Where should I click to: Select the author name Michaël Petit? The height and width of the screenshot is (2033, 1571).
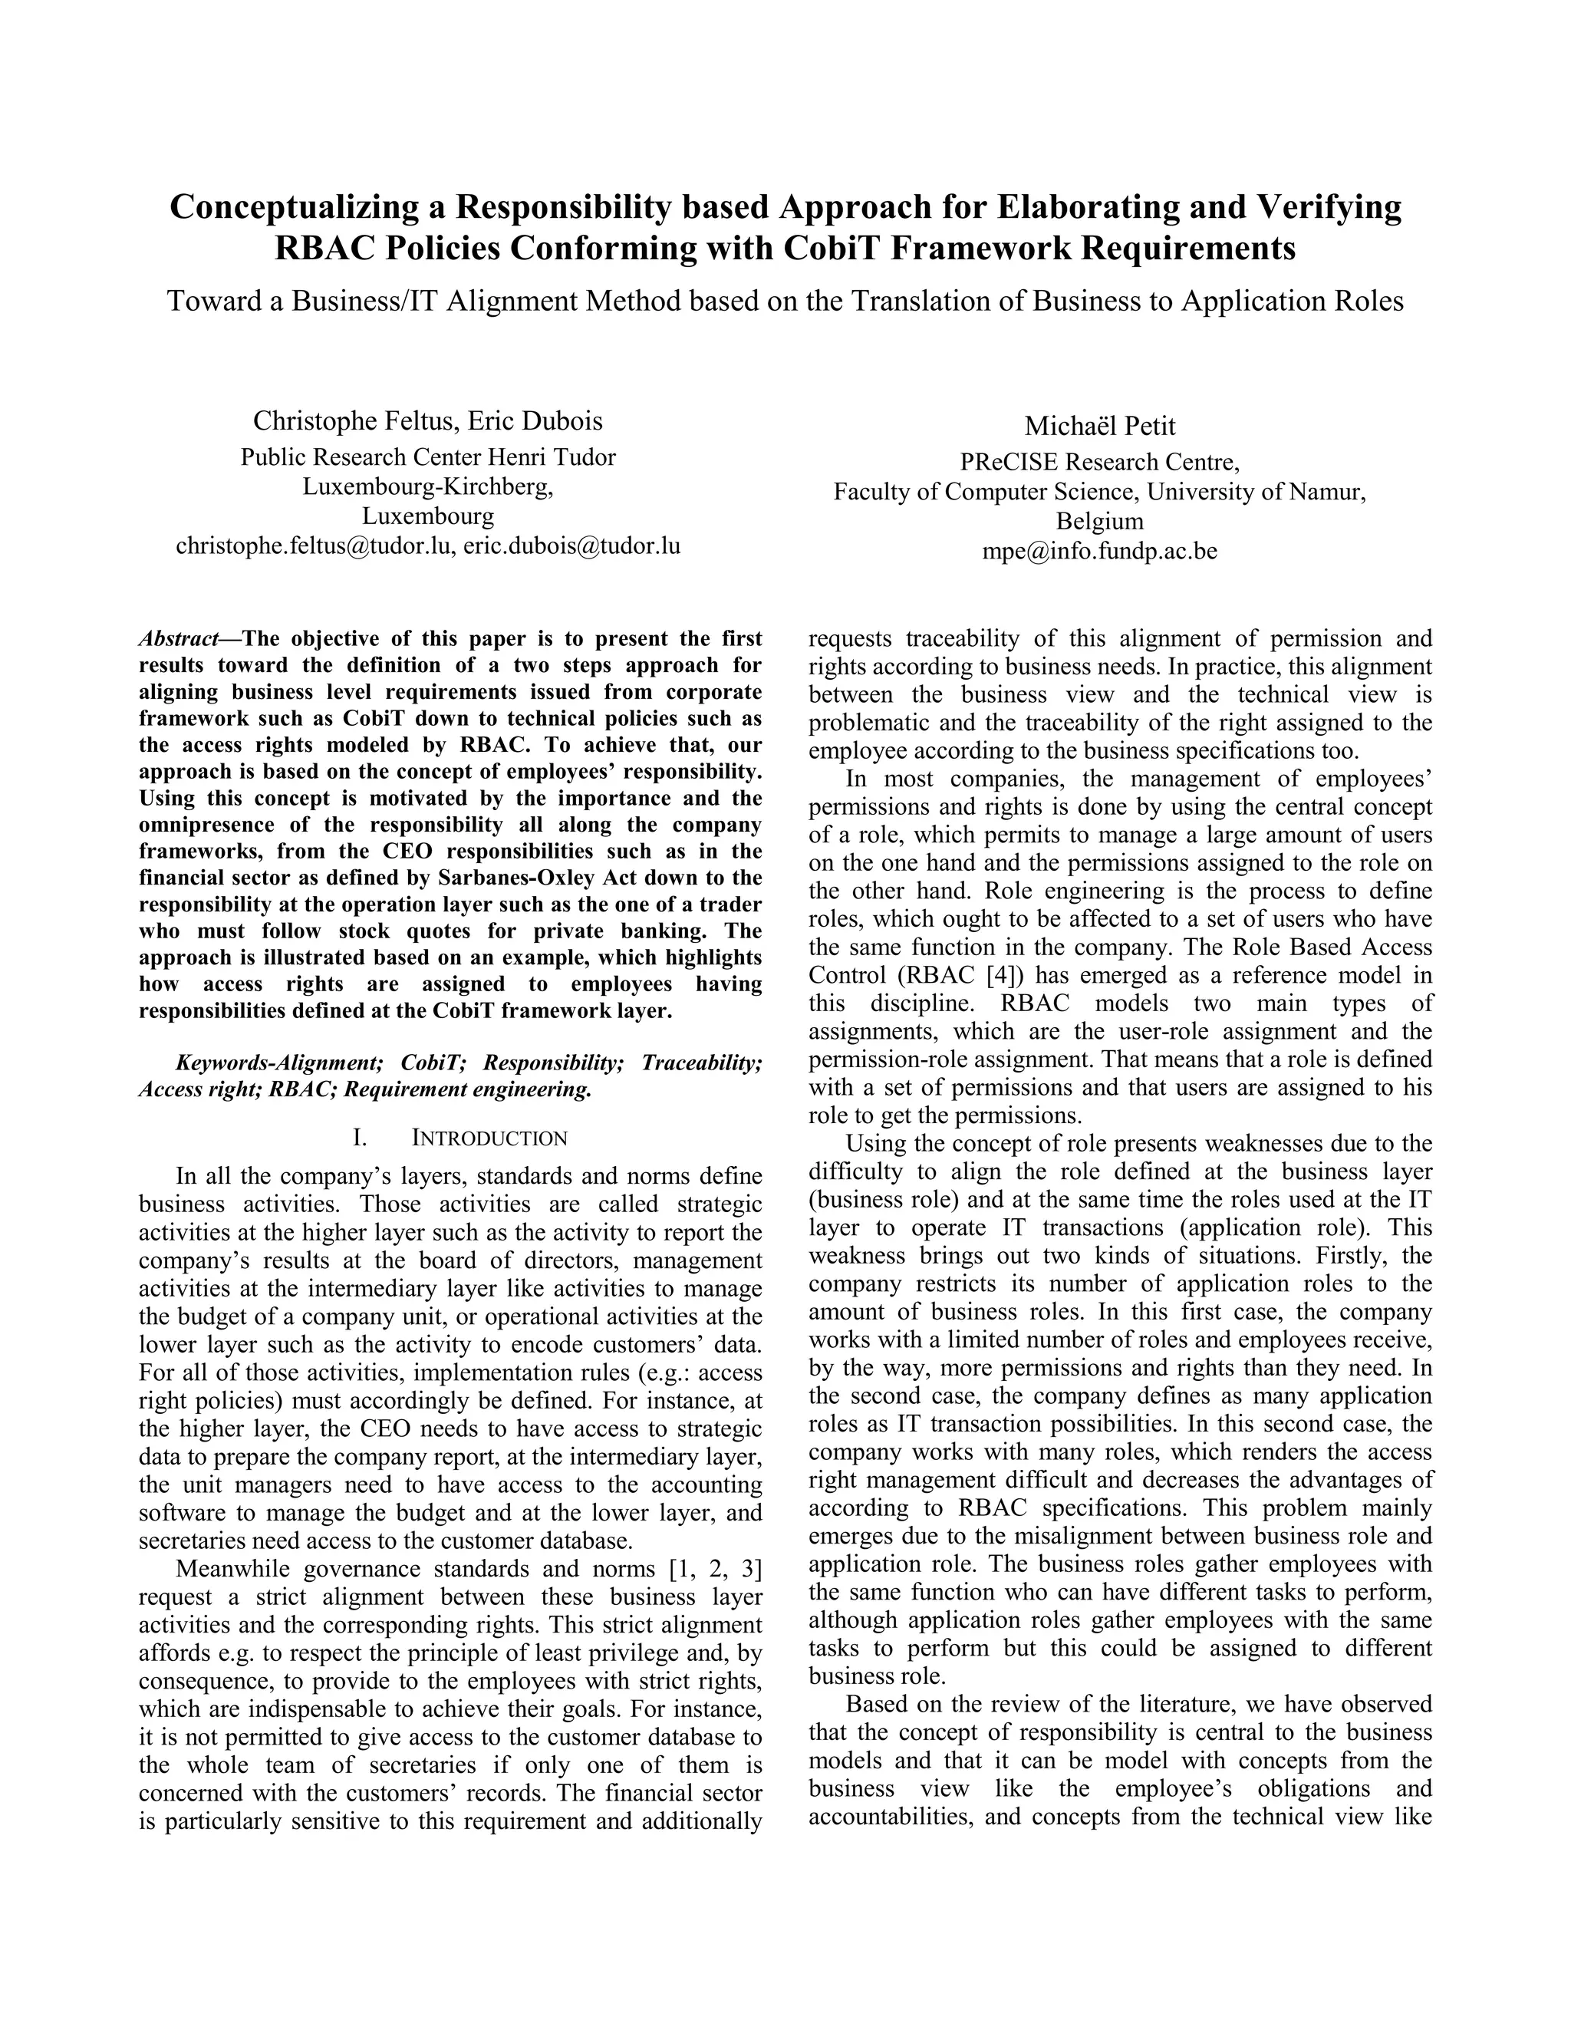coord(1099,427)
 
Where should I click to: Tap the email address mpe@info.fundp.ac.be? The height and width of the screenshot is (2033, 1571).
coord(1099,551)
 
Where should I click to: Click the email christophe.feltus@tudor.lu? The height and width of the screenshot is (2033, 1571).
coord(315,546)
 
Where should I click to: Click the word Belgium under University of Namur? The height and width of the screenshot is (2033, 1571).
coord(1099,521)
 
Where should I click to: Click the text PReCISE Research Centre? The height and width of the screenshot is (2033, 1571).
coord(1099,462)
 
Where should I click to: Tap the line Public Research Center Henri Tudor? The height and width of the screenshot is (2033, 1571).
coord(428,457)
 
